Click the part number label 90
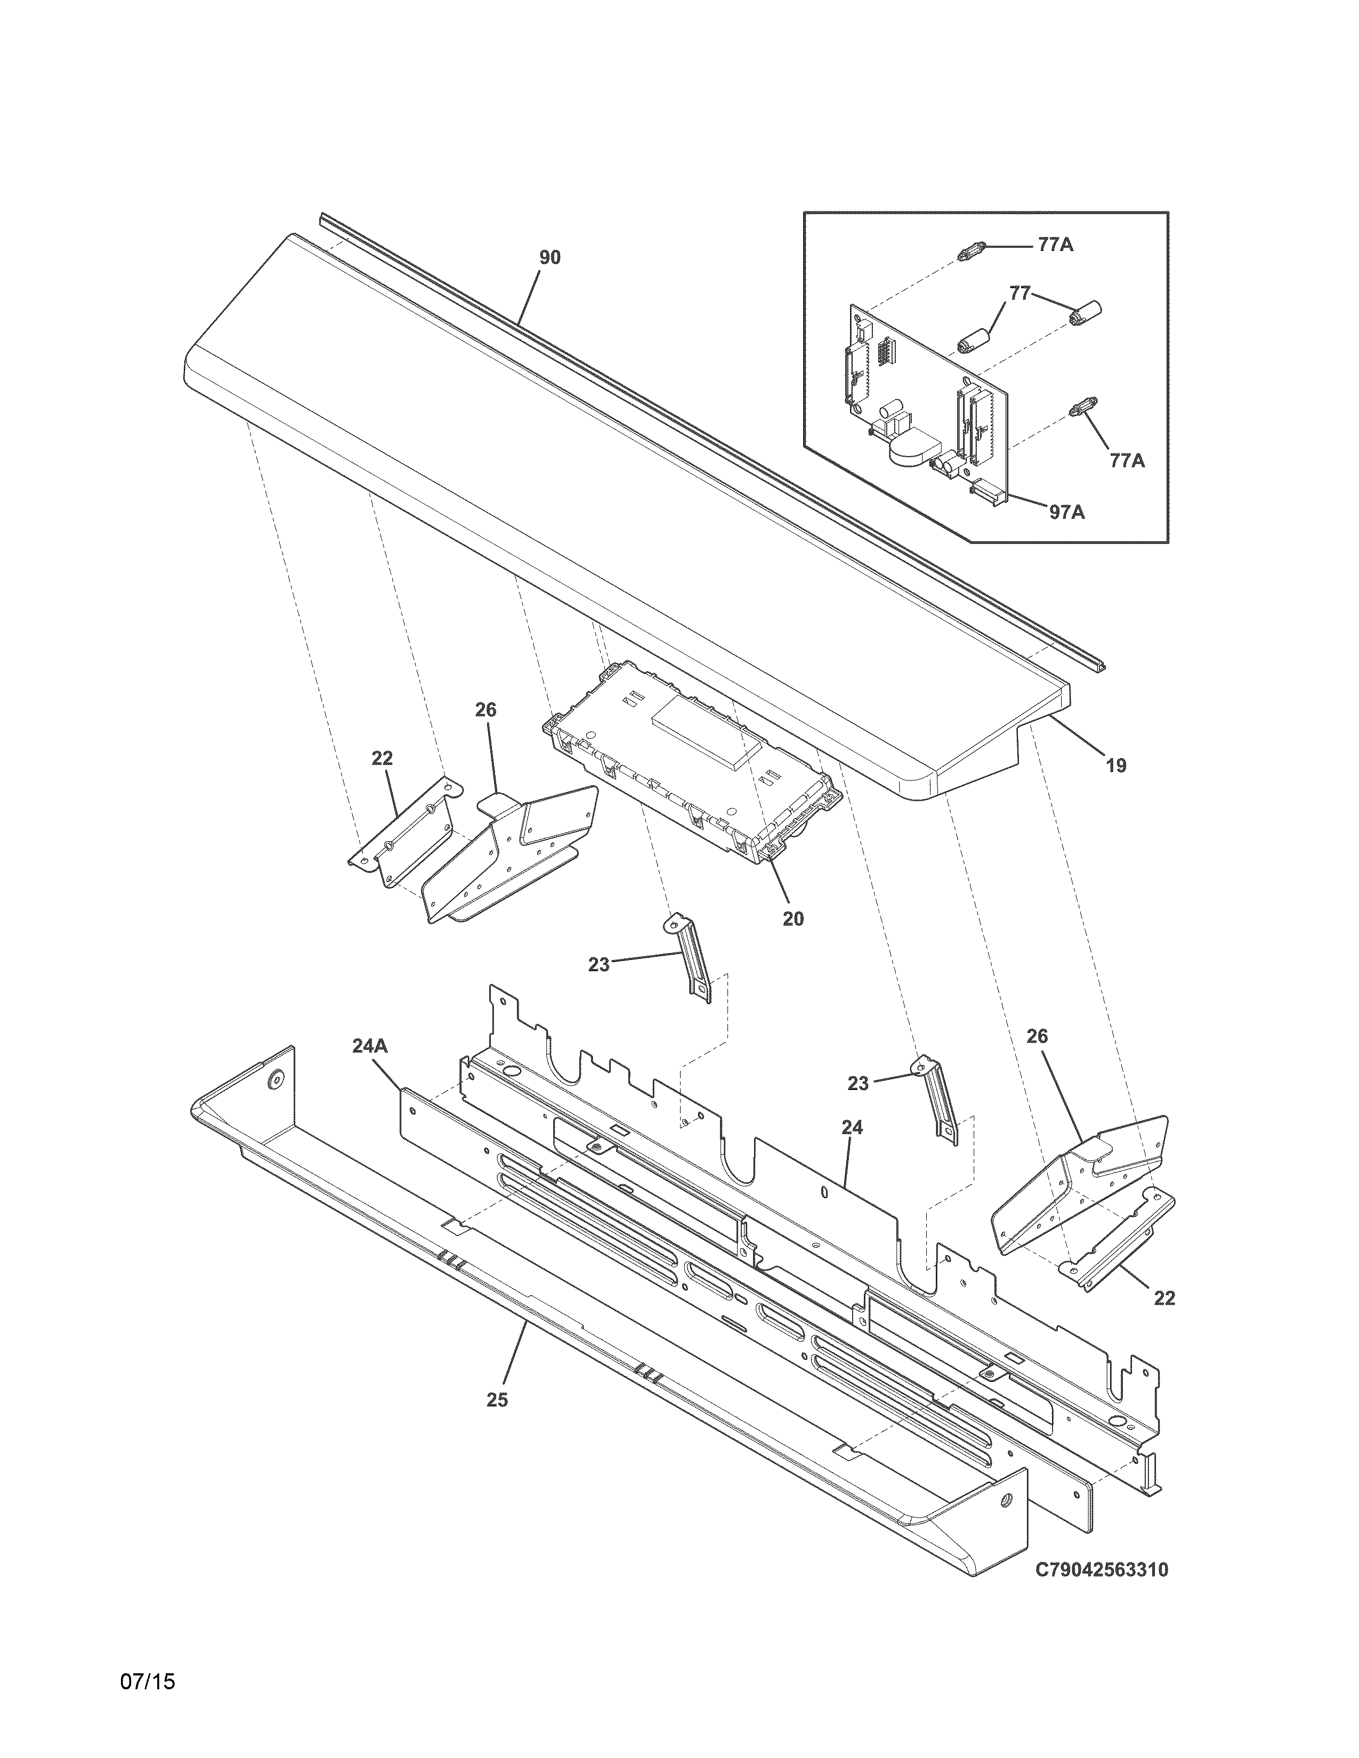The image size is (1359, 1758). (550, 258)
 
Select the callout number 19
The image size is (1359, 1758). (1116, 766)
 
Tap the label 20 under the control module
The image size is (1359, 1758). (793, 918)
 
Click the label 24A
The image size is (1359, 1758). (369, 1046)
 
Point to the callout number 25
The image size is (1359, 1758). (498, 1400)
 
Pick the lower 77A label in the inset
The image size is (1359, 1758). (1127, 460)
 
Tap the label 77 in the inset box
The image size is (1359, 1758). (1020, 294)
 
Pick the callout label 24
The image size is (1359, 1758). (853, 1128)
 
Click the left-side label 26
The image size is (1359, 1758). (486, 710)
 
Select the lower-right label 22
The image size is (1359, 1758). (1164, 1298)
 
